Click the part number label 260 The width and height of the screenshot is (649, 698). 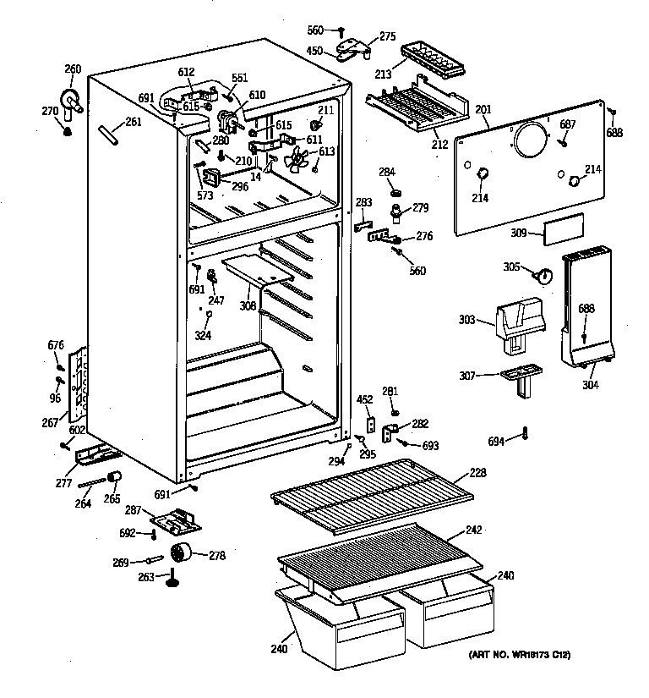73,69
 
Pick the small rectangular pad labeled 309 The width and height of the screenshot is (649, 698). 564,228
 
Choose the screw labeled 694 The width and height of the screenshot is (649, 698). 526,434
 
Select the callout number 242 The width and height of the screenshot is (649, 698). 473,532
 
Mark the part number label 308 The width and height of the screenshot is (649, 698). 247,305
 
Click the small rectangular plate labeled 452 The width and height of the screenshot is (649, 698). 370,420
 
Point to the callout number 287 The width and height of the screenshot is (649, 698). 132,511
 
